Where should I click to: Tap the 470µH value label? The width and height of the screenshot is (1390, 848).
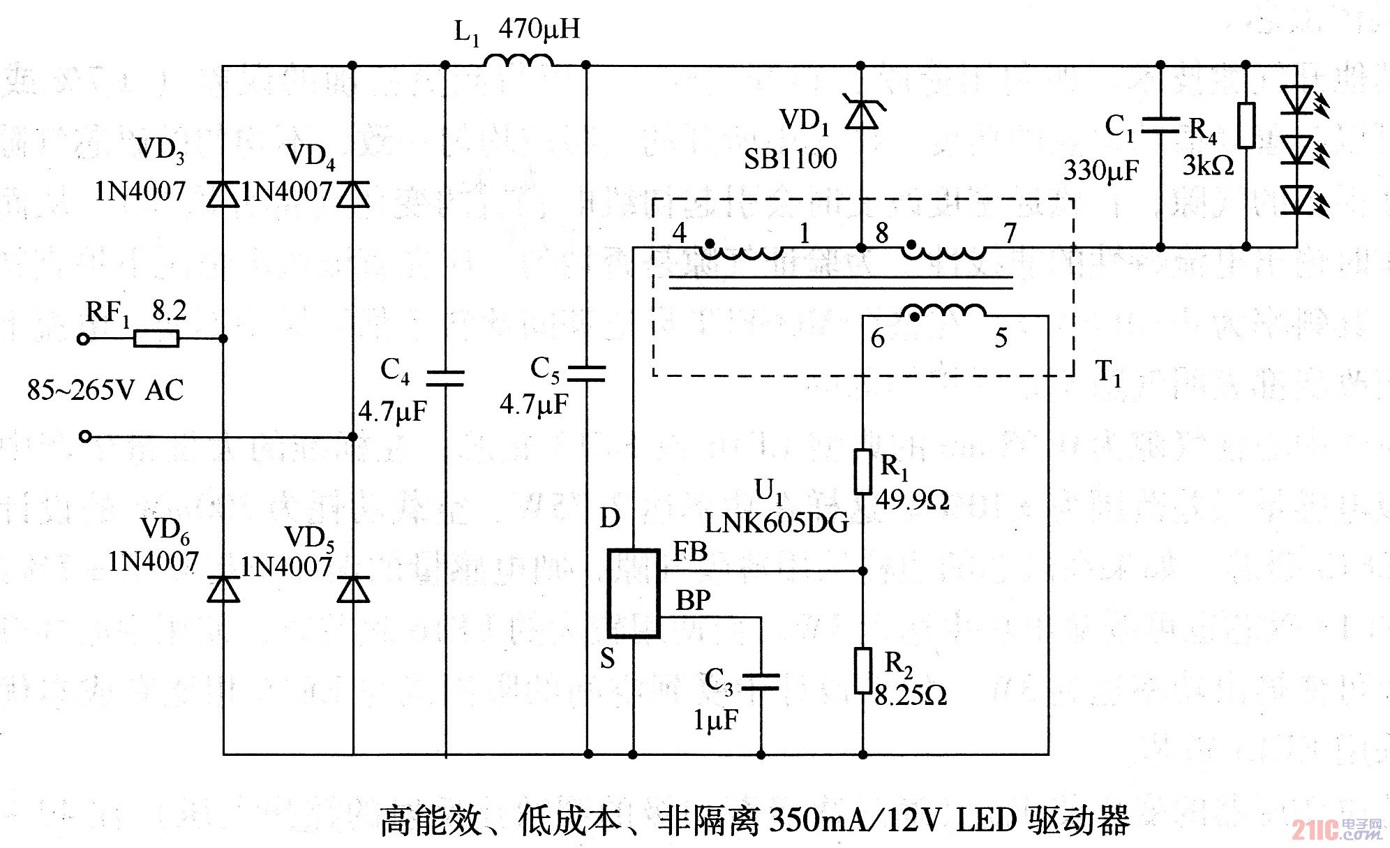tap(539, 29)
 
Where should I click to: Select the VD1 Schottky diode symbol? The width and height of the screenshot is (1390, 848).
tap(861, 114)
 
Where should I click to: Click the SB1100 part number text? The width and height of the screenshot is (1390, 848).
tap(790, 160)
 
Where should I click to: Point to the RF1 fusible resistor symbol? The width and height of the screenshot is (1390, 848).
tap(156, 339)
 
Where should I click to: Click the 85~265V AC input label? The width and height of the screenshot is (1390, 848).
tap(105, 390)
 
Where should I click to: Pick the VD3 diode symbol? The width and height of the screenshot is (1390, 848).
tap(223, 193)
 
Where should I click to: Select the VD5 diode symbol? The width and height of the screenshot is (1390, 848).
tap(353, 589)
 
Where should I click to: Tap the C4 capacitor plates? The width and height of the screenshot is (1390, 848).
tap(445, 378)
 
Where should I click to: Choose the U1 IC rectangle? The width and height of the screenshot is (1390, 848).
tap(633, 593)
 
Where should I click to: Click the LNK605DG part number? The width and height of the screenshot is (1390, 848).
tap(776, 523)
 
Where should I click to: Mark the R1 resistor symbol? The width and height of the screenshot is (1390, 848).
tap(863, 473)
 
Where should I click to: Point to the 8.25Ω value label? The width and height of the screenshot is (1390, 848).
tap(910, 696)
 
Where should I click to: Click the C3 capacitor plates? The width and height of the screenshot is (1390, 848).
tap(761, 681)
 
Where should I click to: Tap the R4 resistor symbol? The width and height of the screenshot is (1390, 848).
tap(1246, 126)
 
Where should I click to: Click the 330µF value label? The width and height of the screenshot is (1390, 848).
tap(1100, 170)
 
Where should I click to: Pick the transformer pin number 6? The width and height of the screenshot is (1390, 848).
tap(877, 339)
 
